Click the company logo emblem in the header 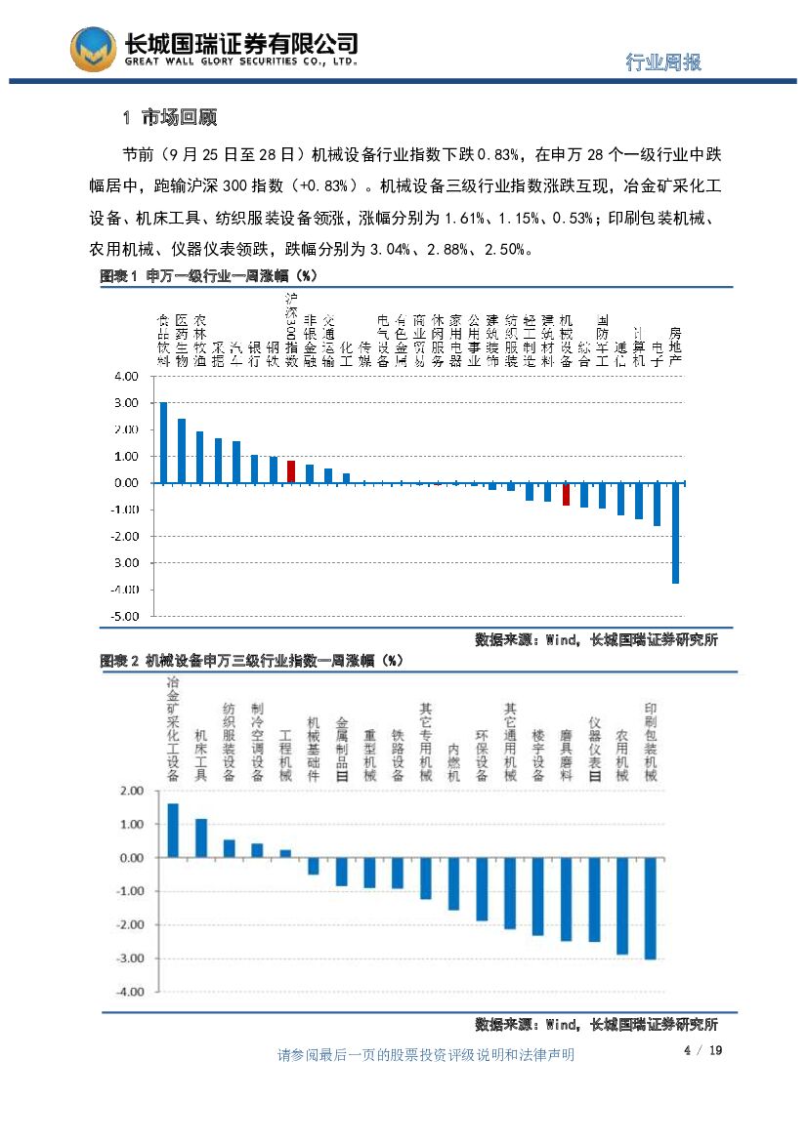click(x=94, y=49)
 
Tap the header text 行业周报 click(x=663, y=62)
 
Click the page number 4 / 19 click(x=702, y=1050)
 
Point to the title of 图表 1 click(x=211, y=276)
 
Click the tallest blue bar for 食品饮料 click(x=163, y=442)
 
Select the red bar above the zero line click(x=291, y=471)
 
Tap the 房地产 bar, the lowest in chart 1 click(x=675, y=532)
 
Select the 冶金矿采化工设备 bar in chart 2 click(x=173, y=831)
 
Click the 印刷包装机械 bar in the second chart click(x=651, y=908)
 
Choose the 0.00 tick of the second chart click(x=130, y=858)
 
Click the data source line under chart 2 click(x=596, y=1025)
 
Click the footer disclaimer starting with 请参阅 click(x=426, y=1055)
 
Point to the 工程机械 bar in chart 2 click(x=285, y=854)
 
